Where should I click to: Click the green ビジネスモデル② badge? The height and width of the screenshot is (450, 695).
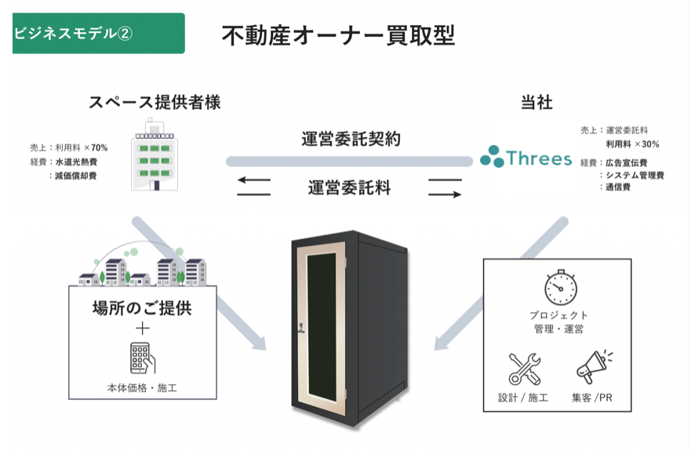click(99, 33)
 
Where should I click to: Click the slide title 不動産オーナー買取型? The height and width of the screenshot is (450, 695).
click(338, 35)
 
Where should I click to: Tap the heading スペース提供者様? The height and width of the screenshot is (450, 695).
click(160, 103)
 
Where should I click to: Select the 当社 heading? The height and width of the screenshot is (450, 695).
click(537, 103)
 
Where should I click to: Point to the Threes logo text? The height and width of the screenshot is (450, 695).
click(539, 158)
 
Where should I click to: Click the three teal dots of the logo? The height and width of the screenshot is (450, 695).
click(492, 157)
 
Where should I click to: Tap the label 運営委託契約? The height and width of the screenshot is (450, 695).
click(351, 139)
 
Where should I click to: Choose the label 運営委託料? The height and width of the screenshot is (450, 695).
click(349, 188)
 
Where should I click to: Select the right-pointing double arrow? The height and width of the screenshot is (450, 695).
click(445, 188)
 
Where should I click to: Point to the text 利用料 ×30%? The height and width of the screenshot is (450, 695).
click(632, 144)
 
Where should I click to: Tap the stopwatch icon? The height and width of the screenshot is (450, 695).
click(559, 288)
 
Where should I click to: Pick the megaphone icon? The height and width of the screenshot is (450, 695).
click(593, 368)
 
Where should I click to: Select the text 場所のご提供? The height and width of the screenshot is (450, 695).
click(142, 307)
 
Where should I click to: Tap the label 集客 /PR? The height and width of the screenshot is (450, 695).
click(594, 397)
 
